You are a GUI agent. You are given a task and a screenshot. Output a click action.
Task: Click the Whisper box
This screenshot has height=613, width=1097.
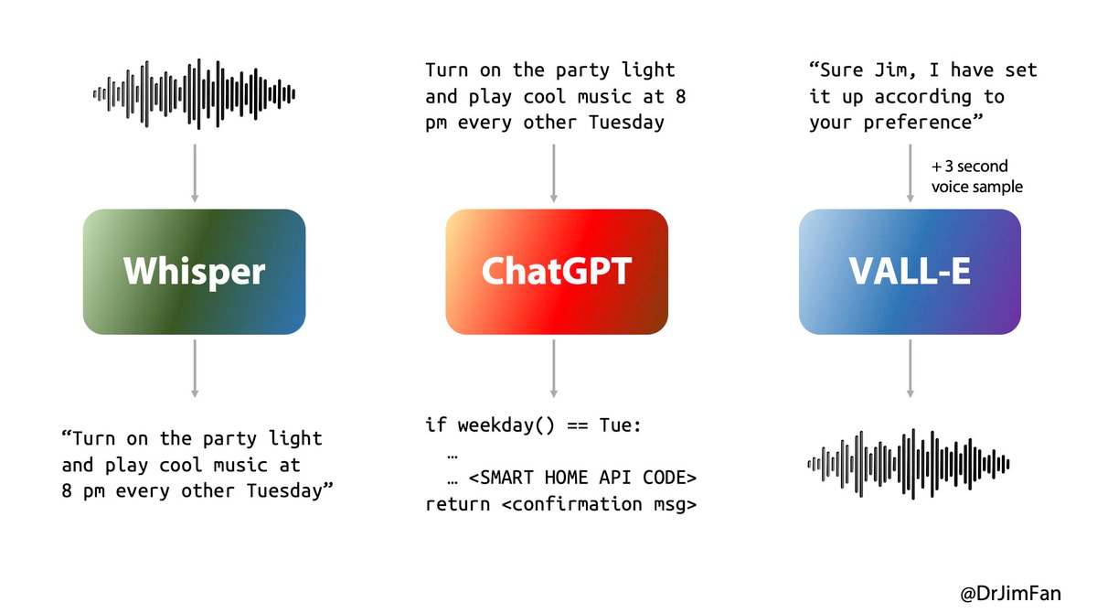[195, 272]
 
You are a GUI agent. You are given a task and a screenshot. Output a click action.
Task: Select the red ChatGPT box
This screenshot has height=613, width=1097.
[557, 272]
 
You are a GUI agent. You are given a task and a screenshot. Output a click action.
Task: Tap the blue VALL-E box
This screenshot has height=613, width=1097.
[910, 272]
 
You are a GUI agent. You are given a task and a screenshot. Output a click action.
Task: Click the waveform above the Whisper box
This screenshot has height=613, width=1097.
[195, 94]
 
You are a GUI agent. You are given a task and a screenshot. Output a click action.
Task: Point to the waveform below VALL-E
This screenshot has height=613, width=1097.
[909, 464]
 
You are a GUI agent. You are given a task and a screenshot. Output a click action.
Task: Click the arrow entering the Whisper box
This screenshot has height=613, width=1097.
[195, 174]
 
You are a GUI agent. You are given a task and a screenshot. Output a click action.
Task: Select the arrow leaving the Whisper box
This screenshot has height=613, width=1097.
[195, 369]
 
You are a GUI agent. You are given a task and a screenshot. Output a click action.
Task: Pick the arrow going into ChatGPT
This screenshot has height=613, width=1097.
[554, 174]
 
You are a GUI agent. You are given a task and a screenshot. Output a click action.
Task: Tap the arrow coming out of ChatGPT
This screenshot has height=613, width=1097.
[554, 369]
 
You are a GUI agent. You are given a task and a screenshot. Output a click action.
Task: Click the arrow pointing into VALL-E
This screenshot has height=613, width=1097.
[911, 174]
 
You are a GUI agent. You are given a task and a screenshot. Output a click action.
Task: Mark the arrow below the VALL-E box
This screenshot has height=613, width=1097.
[911, 369]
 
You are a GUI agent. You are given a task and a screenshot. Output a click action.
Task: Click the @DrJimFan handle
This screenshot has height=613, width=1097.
[1011, 594]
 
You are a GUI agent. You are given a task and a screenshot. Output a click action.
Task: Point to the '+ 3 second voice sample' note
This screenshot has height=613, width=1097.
[977, 177]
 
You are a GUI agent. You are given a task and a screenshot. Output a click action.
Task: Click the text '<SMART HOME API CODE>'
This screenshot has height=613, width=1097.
[583, 478]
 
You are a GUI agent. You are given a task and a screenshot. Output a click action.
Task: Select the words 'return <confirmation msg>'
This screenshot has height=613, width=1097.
[560, 504]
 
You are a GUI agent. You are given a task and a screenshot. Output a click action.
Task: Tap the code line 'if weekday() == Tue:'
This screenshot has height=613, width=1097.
[533, 425]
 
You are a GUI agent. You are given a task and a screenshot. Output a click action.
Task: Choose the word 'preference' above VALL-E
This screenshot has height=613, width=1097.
[917, 123]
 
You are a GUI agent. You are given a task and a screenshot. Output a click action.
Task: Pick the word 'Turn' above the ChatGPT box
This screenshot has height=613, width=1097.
[446, 70]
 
